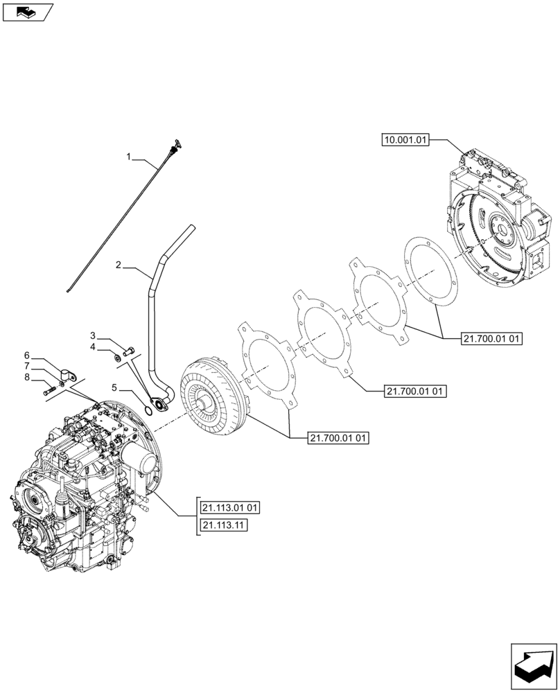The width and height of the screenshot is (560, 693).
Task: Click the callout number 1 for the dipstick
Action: pos(128,158)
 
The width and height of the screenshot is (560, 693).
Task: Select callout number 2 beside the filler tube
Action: pos(119,265)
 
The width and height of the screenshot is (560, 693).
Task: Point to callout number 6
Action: pos(27,354)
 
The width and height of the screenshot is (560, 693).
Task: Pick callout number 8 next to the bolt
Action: pos(27,377)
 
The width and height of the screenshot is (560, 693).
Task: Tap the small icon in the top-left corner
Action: pos(27,11)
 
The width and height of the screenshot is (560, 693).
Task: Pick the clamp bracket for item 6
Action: pos(67,375)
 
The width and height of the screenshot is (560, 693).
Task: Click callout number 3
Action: pos(92,334)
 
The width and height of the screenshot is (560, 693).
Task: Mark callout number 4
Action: pos(92,346)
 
